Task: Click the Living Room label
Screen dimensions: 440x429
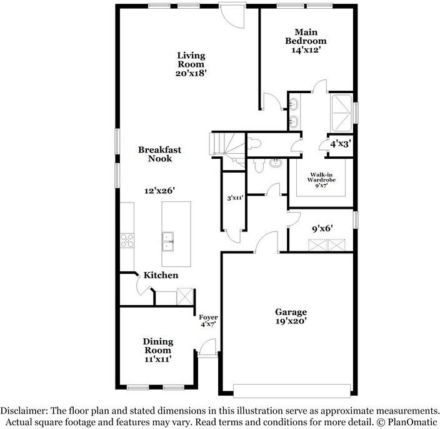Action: pyautogui.click(x=191, y=60)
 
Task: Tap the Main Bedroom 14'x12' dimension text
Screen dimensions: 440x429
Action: pyautogui.click(x=306, y=50)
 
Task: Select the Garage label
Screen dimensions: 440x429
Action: pyautogui.click(x=291, y=312)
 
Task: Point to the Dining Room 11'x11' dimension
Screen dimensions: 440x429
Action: pyautogui.click(x=158, y=359)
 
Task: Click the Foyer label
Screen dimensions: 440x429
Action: pyautogui.click(x=209, y=317)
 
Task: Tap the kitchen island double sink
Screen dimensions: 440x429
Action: pyautogui.click(x=167, y=241)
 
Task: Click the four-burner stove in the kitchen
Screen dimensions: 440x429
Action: pyautogui.click(x=127, y=241)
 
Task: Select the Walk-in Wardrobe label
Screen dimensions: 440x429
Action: pyautogui.click(x=321, y=177)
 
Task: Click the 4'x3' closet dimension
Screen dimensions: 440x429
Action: pyautogui.click(x=341, y=144)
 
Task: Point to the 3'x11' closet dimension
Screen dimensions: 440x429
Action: pyautogui.click(x=235, y=198)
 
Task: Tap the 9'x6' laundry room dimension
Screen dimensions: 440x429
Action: pyautogui.click(x=322, y=228)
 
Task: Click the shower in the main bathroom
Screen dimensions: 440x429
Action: pyautogui.click(x=341, y=113)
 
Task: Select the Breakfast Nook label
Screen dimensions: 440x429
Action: pyautogui.click(x=159, y=154)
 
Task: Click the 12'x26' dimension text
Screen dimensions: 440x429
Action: pyautogui.click(x=159, y=191)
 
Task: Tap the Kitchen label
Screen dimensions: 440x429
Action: pyautogui.click(x=161, y=275)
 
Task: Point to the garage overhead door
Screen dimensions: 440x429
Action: pyautogui.click(x=292, y=390)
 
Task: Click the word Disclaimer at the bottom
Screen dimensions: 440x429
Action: pyautogui.click(x=24, y=411)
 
